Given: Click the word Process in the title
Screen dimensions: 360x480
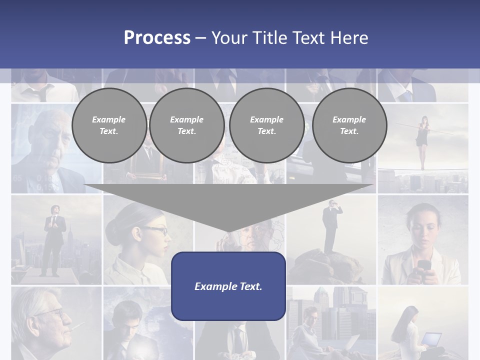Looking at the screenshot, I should pos(157,38).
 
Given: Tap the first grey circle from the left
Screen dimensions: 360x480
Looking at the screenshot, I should pos(109,125).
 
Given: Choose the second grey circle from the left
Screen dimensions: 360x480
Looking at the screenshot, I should pos(186,125).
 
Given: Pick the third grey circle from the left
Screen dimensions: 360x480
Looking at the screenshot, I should pos(266,125).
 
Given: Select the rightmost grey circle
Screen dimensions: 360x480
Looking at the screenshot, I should pos(349,125).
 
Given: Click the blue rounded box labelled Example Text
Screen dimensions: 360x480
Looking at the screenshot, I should pos(228,286).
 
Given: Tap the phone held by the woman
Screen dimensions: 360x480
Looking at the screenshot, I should pos(424,265).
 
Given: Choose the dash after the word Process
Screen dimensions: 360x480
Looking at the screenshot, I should pos(200,38).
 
